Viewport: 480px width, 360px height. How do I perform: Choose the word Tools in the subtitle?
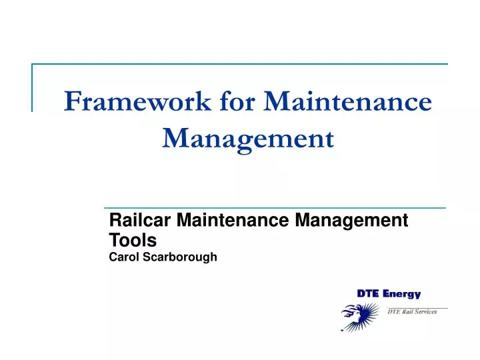(132, 239)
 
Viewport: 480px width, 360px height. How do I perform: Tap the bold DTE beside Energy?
(367, 293)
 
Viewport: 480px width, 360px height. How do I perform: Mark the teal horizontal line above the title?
(240, 64)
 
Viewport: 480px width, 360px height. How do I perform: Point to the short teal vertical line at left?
(32, 87)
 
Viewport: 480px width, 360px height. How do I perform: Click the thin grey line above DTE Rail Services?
(417, 307)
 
